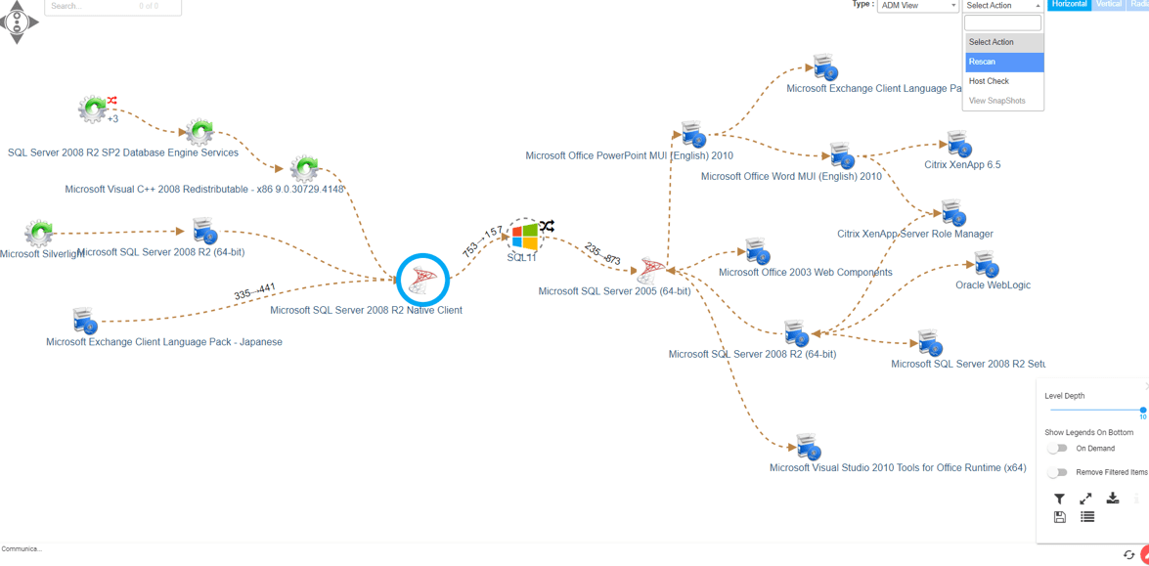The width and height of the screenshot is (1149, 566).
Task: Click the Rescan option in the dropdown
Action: click(x=1002, y=62)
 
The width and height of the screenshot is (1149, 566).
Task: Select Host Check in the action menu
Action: click(x=989, y=81)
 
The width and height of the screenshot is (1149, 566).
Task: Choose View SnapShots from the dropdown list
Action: click(x=996, y=101)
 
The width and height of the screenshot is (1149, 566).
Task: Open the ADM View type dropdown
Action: click(x=917, y=6)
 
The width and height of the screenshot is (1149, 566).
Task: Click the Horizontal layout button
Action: click(x=1069, y=5)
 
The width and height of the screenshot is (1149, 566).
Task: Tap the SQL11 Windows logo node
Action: click(x=524, y=236)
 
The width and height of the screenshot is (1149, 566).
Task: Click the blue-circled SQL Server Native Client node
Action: click(x=422, y=281)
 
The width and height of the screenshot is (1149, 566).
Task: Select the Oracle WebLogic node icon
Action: click(x=985, y=263)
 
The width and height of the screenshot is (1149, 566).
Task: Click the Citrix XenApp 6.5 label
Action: click(x=962, y=165)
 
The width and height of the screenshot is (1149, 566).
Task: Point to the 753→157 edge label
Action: click(x=482, y=241)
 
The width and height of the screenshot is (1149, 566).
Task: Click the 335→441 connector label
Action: click(x=254, y=291)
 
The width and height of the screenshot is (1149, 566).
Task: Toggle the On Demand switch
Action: click(x=1057, y=449)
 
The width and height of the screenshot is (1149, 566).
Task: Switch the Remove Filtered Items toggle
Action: click(x=1057, y=472)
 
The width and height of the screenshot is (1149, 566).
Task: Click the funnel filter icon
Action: click(x=1059, y=499)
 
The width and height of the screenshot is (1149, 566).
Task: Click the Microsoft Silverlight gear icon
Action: click(x=39, y=233)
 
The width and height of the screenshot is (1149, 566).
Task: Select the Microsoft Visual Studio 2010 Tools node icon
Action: click(x=807, y=446)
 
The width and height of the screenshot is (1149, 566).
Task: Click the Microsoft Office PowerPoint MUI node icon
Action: click(x=692, y=134)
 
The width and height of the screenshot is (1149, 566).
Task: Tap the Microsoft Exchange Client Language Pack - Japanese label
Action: click(x=164, y=342)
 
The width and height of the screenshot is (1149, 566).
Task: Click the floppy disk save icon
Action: click(x=1059, y=517)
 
